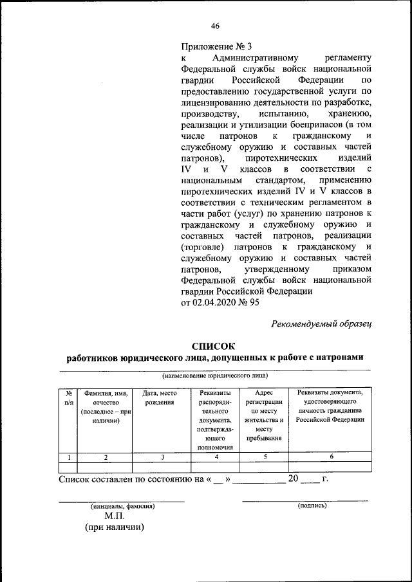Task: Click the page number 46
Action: tap(215, 26)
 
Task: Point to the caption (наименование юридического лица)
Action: tap(215, 375)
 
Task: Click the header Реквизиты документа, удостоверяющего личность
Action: tap(330, 406)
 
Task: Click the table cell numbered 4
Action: tap(216, 457)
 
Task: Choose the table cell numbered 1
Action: tap(68, 457)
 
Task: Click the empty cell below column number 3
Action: tap(163, 468)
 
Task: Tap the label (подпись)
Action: tap(312, 505)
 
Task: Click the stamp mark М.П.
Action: tap(115, 516)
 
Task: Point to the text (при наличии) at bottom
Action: tap(115, 527)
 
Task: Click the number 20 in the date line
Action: tap(294, 478)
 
